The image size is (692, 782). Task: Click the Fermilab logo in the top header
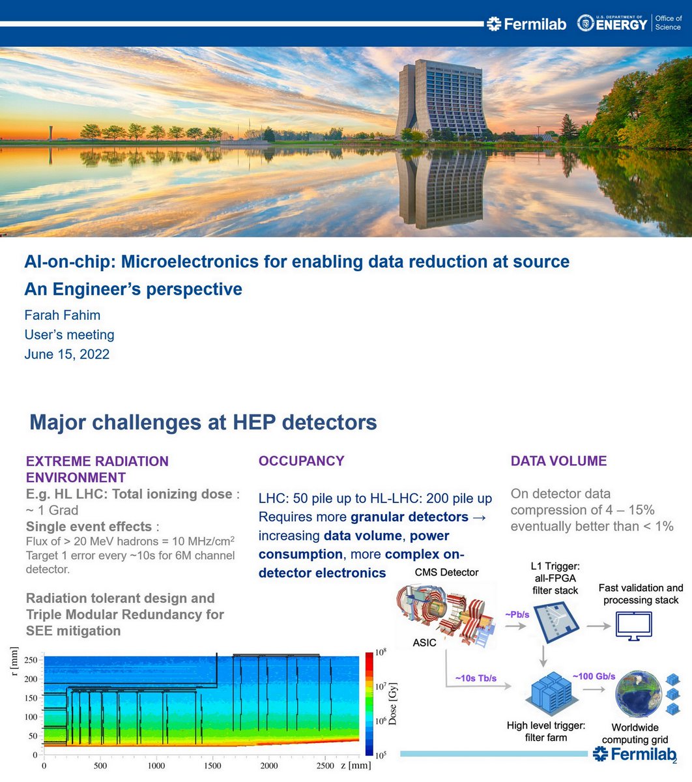(526, 24)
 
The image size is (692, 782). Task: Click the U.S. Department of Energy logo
(613, 24)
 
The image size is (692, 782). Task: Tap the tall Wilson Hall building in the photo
(441, 98)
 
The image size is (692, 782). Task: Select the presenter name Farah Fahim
(63, 315)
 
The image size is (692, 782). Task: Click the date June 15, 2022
(67, 355)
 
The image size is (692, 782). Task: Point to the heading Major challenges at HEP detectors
(203, 422)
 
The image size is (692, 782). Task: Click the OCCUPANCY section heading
(301, 461)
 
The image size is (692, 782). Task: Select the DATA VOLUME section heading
(558, 461)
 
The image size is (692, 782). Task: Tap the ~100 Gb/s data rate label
(594, 676)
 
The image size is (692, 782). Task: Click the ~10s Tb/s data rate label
(476, 678)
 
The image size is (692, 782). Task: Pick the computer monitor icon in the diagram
(633, 626)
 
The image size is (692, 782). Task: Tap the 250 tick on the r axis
(30, 659)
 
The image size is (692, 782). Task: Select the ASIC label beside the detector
(424, 643)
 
